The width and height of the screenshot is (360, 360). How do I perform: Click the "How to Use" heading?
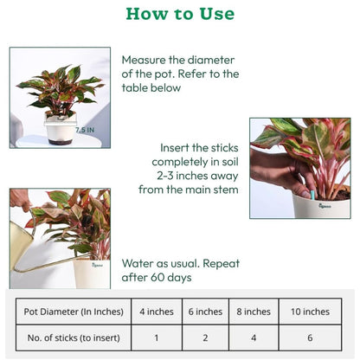180,14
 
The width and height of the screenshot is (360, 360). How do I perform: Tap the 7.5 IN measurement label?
85,130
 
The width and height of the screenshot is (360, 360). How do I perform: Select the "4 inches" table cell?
157,312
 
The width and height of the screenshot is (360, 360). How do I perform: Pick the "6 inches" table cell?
205,312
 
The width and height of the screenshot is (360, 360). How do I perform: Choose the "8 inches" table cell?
254,312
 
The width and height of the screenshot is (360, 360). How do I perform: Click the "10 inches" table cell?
310,312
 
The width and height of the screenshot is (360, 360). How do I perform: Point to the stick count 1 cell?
157,337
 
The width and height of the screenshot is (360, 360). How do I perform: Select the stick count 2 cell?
205,337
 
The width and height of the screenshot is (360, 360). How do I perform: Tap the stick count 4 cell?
254,337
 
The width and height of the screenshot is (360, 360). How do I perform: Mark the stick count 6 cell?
310,337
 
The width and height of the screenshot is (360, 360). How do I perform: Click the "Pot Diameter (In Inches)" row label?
74,312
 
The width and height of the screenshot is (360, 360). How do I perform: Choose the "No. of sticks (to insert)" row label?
74,337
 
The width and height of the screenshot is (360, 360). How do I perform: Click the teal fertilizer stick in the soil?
312,195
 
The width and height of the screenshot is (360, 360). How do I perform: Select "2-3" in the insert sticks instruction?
165,176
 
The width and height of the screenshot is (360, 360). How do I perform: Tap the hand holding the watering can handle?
20,199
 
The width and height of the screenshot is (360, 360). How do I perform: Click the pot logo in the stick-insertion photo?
325,206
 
